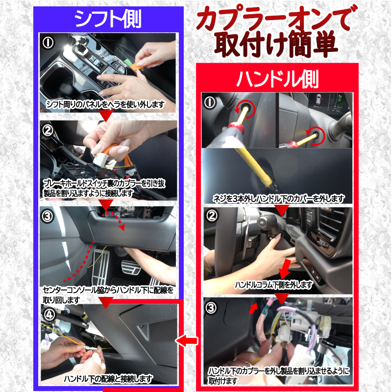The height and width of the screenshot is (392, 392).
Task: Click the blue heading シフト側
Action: pyautogui.click(x=107, y=19)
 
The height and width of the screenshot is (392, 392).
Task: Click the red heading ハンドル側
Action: pyautogui.click(x=277, y=78)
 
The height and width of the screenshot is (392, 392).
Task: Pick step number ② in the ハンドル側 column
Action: pyautogui.click(x=211, y=216)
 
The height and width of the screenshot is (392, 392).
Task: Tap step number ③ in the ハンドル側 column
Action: pyautogui.click(x=211, y=308)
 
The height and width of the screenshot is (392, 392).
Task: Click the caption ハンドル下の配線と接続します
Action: pyautogui.click(x=108, y=379)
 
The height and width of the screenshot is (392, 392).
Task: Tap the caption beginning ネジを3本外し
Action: pyautogui.click(x=278, y=198)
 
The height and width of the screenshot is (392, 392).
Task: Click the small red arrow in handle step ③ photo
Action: pyautogui.click(x=253, y=308)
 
